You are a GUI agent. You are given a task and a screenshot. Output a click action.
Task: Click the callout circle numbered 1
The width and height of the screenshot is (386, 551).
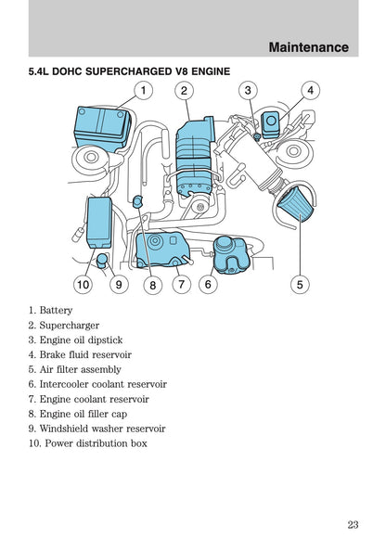[144, 91]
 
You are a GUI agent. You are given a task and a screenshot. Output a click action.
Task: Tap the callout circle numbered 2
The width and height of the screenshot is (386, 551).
[186, 91]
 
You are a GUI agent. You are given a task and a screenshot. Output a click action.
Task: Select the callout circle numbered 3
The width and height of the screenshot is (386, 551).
[247, 91]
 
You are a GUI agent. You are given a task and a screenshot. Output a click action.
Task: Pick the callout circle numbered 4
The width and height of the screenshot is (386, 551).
[309, 91]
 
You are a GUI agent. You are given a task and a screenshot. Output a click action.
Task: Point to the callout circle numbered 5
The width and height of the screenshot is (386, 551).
[300, 285]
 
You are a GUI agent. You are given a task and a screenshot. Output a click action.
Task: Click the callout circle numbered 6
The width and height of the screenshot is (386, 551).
[208, 285]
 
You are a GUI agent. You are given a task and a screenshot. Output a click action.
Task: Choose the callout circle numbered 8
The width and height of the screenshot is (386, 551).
[152, 285]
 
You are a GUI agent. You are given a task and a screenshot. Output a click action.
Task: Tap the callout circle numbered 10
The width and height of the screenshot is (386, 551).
[84, 285]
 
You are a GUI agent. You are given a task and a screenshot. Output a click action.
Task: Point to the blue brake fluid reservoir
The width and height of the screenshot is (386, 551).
[272, 124]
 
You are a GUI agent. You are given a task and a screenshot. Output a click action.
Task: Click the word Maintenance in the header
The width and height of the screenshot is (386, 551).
[308, 46]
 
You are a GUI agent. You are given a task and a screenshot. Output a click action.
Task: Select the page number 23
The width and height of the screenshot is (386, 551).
[353, 525]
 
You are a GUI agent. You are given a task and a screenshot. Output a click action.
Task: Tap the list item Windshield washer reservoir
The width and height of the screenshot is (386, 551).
[102, 429]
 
